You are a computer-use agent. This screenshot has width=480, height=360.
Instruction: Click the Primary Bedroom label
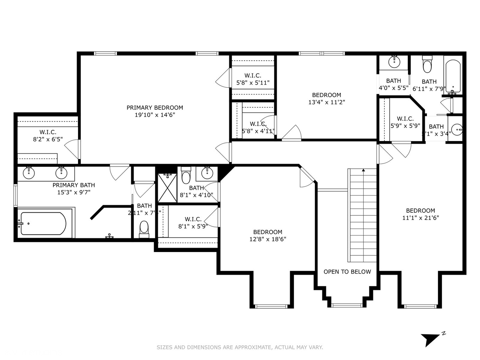155,108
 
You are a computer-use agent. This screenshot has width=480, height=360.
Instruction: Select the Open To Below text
347,272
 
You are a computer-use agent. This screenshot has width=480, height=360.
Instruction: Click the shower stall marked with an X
167,188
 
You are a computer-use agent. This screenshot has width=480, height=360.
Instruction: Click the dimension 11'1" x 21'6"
420,218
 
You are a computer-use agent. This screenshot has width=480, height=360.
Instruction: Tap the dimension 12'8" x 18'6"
268,239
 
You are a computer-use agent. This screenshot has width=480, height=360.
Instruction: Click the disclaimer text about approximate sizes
240,347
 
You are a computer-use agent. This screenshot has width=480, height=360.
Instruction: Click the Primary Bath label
74,185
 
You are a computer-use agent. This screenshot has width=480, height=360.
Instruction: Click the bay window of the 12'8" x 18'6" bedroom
271,306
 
